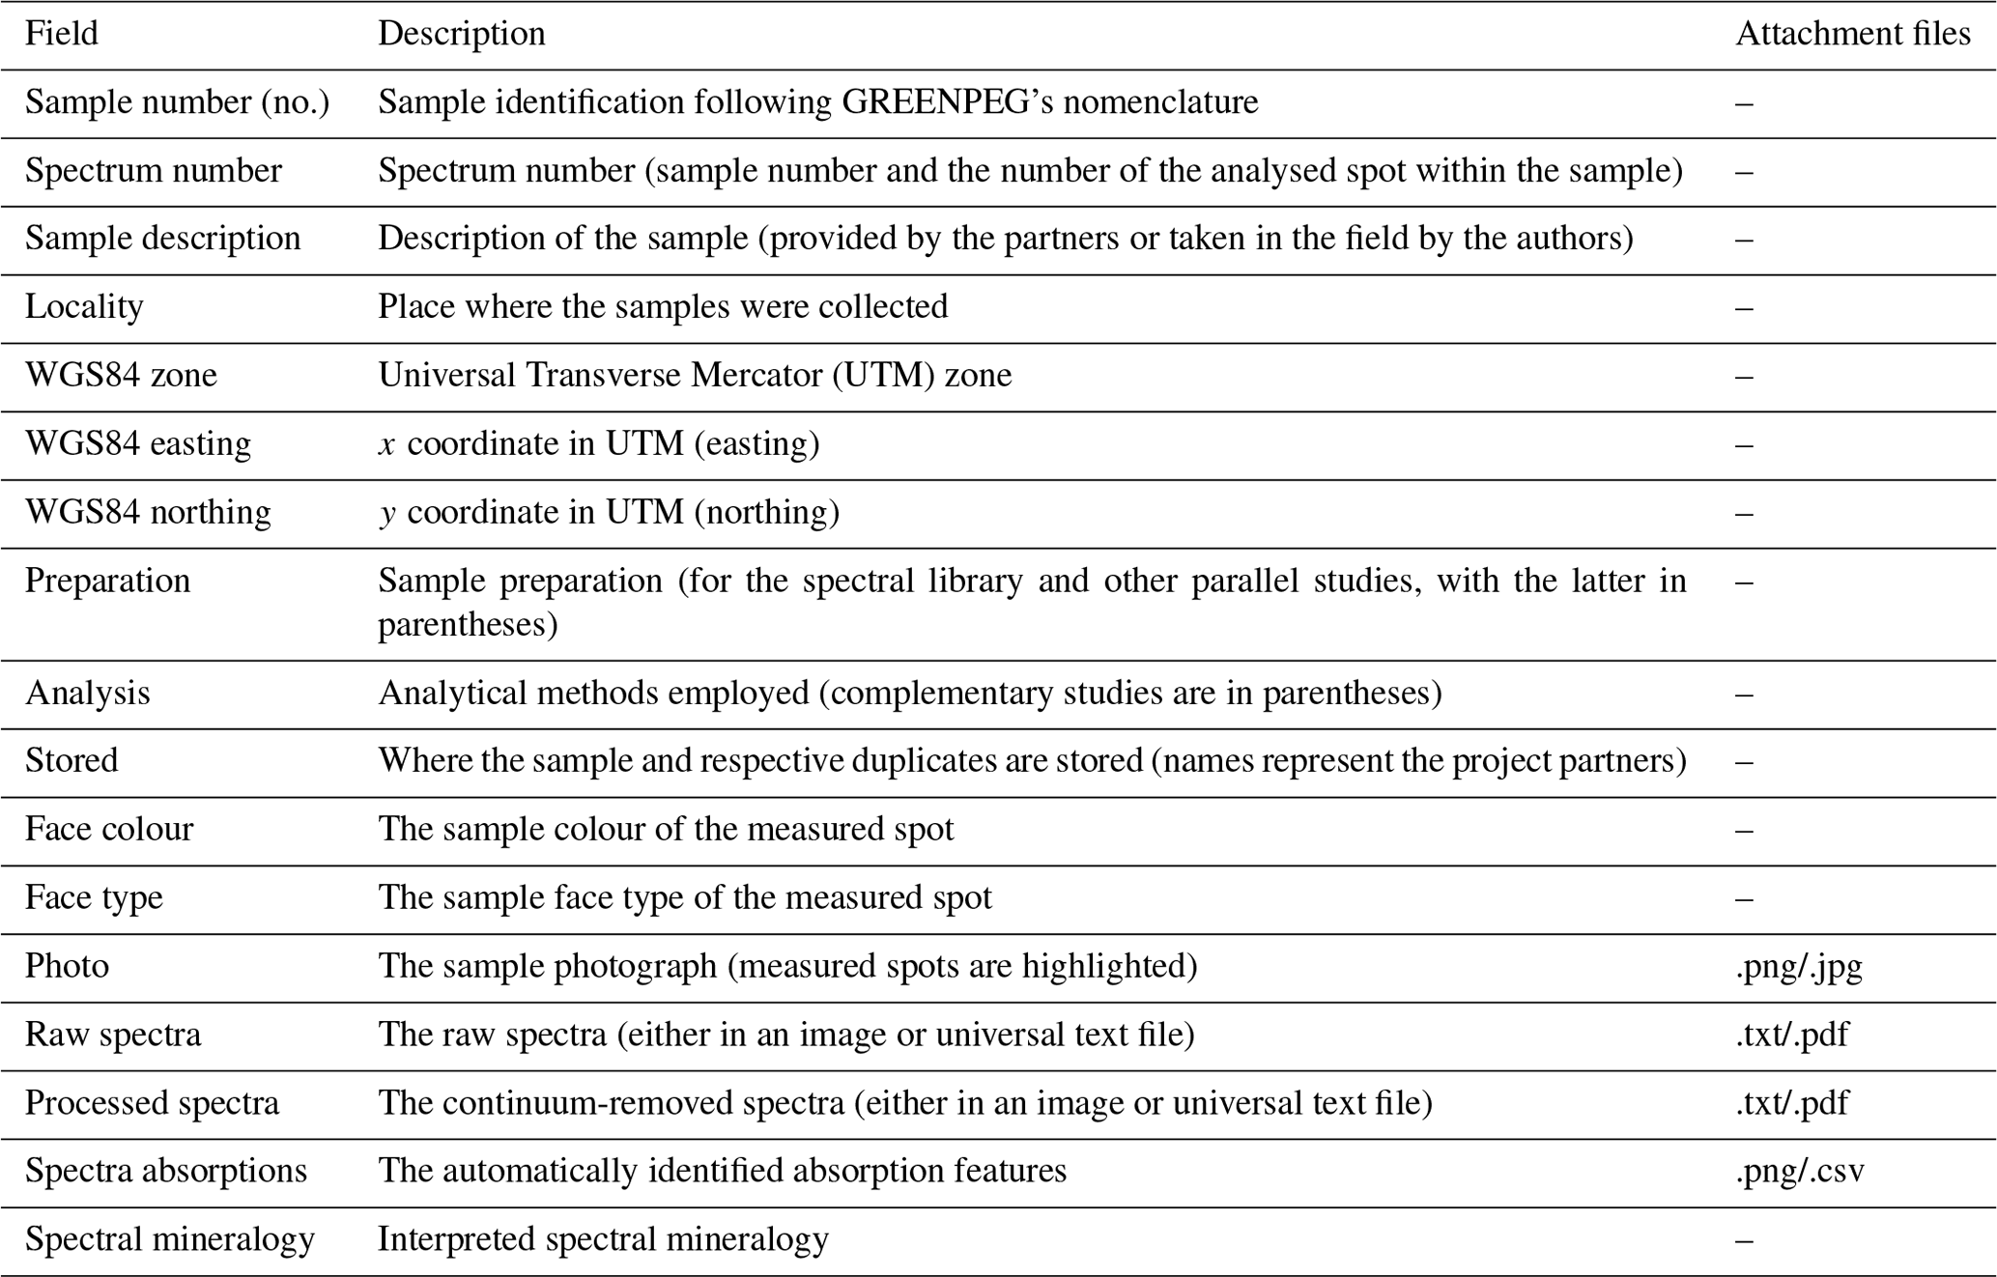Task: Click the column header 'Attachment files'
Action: coord(1852,34)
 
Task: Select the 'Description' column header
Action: coord(461,34)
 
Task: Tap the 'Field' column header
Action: coord(61,34)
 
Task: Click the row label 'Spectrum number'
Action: coord(153,171)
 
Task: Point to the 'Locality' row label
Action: coord(84,307)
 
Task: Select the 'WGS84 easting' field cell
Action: coord(137,444)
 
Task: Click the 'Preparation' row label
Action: coord(107,581)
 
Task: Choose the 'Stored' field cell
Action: coord(71,761)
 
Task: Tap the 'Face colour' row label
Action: coord(108,830)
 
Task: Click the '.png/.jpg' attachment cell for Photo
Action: coord(1798,966)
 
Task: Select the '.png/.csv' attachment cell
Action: coord(1799,1171)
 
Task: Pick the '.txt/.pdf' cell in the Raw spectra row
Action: coord(1791,1035)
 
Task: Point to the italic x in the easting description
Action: coord(386,444)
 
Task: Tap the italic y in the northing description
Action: coord(386,513)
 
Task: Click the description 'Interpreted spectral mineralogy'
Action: coord(603,1239)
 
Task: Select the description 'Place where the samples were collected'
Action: coord(662,307)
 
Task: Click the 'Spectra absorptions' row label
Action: coord(165,1171)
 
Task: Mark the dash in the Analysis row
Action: coord(1744,694)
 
